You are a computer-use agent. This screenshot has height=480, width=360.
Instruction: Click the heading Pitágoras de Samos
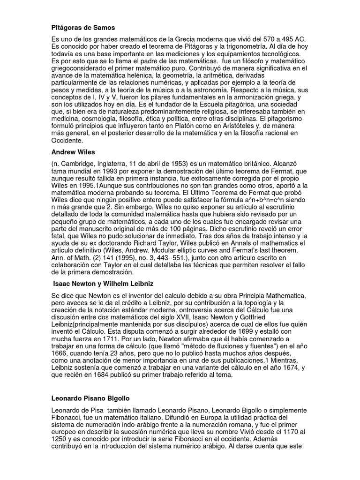[x=83, y=28]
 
